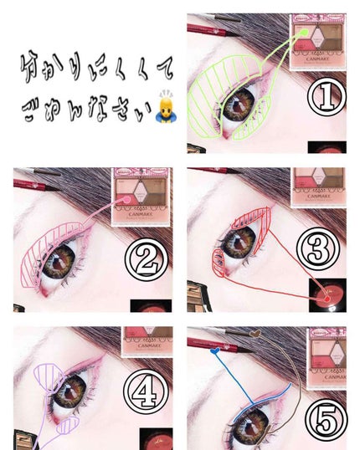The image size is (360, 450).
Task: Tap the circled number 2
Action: point(147,262)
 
